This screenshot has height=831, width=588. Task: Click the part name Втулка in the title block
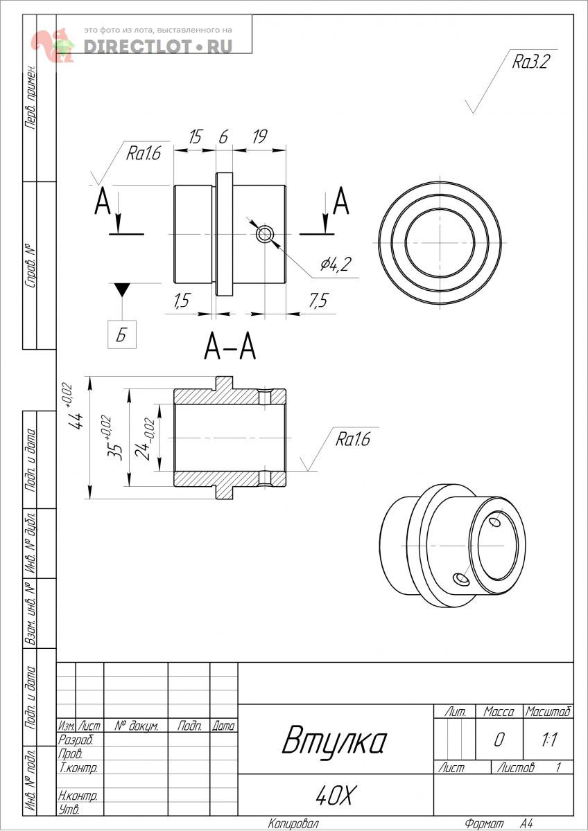334,740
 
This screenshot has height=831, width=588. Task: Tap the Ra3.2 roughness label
530,62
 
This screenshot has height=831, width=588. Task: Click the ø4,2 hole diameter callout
336,263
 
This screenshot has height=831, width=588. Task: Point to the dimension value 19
259,136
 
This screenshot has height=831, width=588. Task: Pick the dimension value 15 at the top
195,136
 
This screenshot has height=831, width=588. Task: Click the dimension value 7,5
318,300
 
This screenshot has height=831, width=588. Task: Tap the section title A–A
230,346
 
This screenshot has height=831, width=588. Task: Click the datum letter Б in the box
122,334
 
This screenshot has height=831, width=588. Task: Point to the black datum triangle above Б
122,289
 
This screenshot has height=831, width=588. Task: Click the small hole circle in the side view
264,234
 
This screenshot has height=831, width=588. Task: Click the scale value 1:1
548,740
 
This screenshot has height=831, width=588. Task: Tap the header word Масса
499,712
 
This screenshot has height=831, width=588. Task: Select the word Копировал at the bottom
293,823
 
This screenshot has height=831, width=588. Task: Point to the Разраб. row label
76,740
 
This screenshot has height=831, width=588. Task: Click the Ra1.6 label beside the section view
353,439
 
